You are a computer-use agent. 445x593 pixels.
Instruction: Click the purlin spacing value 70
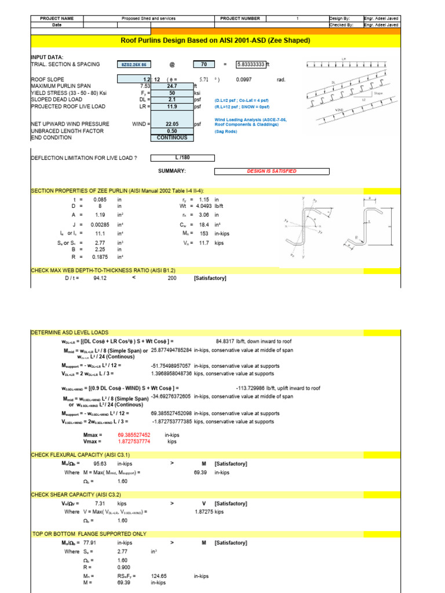pos(203,64)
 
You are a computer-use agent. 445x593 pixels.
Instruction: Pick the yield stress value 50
pos(172,93)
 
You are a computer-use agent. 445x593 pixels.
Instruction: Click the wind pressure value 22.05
pos(172,123)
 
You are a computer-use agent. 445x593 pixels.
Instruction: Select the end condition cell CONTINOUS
pos(172,137)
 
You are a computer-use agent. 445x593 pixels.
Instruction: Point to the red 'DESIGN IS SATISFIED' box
pos(272,171)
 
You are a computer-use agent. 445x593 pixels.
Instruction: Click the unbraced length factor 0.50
pos(172,131)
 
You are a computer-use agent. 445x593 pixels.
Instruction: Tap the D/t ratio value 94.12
pos(101,278)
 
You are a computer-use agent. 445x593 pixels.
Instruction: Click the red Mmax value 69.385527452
pos(134,434)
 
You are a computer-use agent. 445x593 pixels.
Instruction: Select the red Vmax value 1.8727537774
pos(134,441)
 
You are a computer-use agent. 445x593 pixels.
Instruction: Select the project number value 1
pos(297,19)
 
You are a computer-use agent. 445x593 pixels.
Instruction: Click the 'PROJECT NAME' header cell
pos(57,19)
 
